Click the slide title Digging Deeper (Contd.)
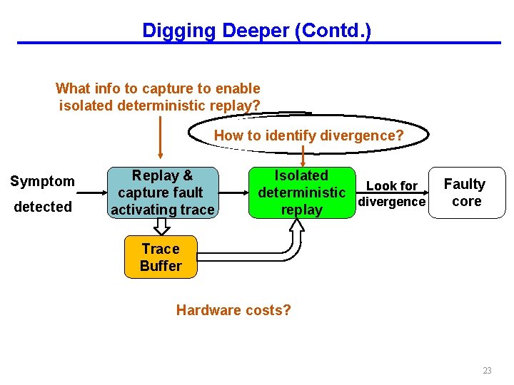[x=256, y=31]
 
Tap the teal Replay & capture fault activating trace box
[x=162, y=192]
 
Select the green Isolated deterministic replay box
[x=301, y=192]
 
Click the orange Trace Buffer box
[x=161, y=257]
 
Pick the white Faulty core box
[x=465, y=192]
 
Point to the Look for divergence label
[x=391, y=193]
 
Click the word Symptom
[x=42, y=181]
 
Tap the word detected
[x=42, y=207]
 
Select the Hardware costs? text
[x=233, y=310]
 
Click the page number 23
[x=487, y=370]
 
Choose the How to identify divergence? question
[x=308, y=135]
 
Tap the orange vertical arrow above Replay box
[x=161, y=135]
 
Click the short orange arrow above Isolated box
[x=303, y=155]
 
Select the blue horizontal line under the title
[x=257, y=43]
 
